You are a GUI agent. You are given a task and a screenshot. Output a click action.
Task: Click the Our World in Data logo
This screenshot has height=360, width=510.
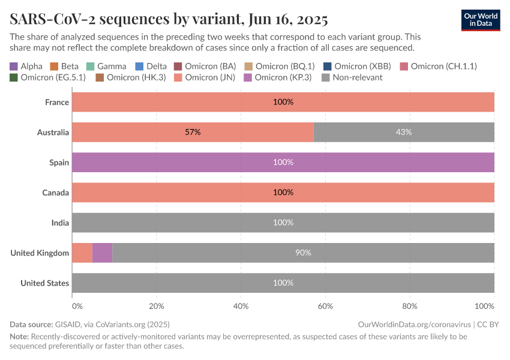point(481,20)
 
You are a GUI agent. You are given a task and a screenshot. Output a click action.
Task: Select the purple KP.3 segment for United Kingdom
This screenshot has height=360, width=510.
point(102,253)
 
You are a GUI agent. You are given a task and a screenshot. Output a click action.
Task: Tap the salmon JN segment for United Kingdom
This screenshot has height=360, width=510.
point(82,253)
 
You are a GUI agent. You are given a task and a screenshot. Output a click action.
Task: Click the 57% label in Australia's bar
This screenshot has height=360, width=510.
point(193,132)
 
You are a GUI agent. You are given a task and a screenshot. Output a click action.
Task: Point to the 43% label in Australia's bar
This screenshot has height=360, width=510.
point(404,132)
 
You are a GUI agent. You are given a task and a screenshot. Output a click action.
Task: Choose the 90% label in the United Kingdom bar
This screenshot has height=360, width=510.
point(303,253)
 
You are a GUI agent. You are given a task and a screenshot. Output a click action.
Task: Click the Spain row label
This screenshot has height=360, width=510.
point(59,162)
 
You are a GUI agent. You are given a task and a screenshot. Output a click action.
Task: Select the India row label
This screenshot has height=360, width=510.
point(60,223)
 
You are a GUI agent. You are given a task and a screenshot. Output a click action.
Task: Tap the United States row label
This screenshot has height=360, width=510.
point(44,283)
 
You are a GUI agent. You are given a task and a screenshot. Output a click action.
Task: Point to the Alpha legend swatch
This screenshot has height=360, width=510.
point(14,66)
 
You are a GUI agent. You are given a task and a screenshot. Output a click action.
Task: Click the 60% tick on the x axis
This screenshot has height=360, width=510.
point(325,306)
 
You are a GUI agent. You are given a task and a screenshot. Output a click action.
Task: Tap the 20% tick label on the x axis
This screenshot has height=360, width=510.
point(156,306)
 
